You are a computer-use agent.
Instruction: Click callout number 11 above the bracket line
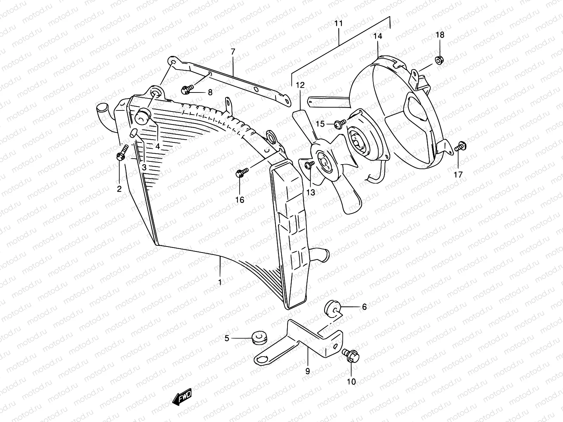pyautogui.click(x=338, y=24)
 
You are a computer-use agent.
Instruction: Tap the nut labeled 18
pyautogui.click(x=439, y=60)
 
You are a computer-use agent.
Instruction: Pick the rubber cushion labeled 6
pyautogui.click(x=332, y=308)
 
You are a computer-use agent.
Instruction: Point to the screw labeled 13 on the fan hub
pyautogui.click(x=309, y=165)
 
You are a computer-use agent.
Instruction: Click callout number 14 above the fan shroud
pyautogui.click(x=378, y=36)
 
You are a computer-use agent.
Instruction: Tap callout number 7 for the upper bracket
pyautogui.click(x=233, y=52)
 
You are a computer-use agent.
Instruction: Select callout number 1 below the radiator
pyautogui.click(x=220, y=282)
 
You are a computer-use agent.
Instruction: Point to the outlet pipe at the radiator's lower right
pyautogui.click(x=321, y=255)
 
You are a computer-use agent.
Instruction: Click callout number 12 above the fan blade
pyautogui.click(x=299, y=85)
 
